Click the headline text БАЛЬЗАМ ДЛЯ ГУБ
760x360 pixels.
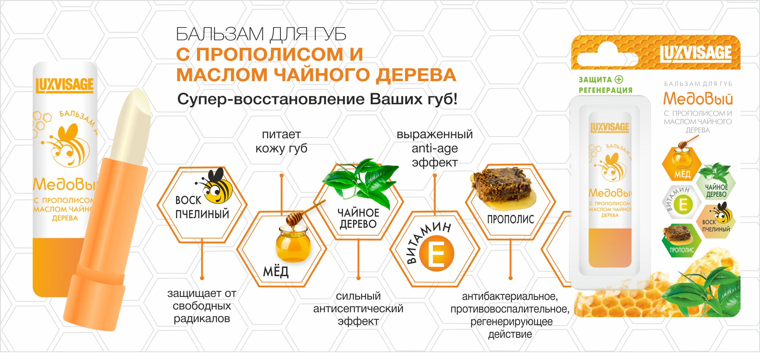point(261,34)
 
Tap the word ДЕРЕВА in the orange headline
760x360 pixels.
point(416,75)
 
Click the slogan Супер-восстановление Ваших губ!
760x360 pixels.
point(317,99)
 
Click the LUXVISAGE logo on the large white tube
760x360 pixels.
point(65,85)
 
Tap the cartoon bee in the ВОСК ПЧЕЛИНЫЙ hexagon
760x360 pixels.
point(214,186)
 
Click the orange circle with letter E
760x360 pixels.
point(436,253)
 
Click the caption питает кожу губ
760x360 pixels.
point(281,141)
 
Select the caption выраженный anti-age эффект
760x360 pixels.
point(435,148)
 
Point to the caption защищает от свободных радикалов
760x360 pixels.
point(202,306)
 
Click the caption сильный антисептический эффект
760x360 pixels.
point(358,309)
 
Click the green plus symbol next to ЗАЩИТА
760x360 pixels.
point(619,79)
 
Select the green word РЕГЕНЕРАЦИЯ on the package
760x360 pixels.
point(606,90)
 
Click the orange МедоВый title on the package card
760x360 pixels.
point(698,99)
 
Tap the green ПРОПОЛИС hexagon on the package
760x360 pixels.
point(681,240)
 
